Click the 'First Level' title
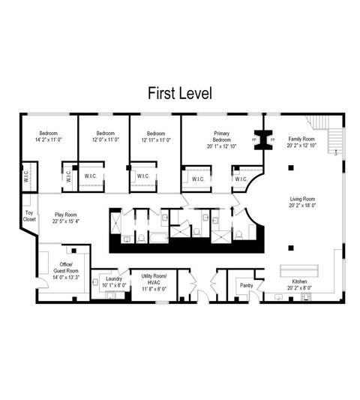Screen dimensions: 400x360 (180, 94)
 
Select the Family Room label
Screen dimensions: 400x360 (303, 139)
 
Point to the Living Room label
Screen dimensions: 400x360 (304, 200)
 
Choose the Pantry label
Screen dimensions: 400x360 (246, 285)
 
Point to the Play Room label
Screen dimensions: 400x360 (66, 214)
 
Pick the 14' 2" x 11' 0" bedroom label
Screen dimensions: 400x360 (49, 137)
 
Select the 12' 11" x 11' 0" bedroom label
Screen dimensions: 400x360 (156, 137)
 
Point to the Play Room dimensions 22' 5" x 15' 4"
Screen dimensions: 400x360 (66, 221)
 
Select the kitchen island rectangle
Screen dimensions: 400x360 (299, 269)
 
